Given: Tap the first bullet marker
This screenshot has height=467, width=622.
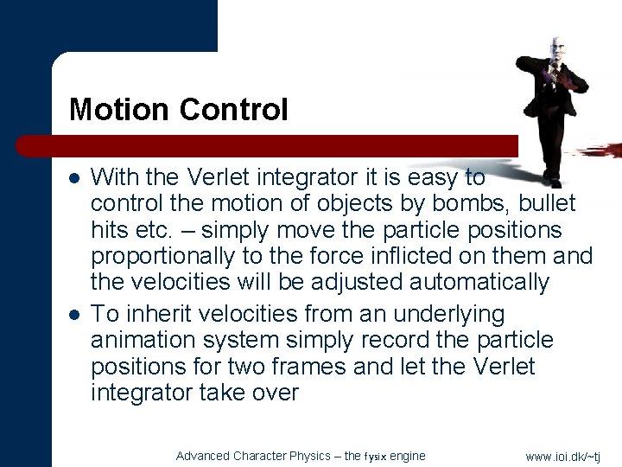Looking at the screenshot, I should pos(75,178).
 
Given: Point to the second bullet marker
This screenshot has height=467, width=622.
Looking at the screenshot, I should pos(75,314).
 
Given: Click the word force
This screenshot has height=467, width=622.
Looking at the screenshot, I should pos(366,256).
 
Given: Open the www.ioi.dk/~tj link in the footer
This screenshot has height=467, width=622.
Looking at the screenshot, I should pos(562,457).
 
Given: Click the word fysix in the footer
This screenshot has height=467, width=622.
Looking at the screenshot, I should pos(377,457).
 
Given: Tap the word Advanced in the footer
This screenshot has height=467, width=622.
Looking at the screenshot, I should pos(202,456).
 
